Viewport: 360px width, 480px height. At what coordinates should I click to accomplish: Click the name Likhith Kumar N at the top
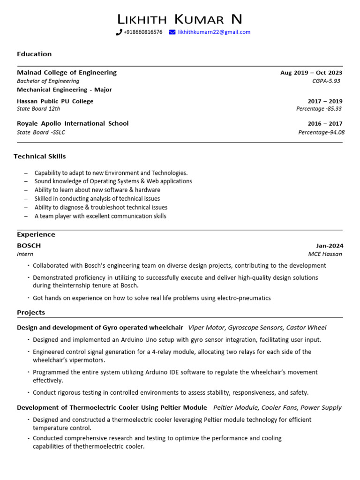[180, 19]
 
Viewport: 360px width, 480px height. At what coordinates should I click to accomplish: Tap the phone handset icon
[119, 32]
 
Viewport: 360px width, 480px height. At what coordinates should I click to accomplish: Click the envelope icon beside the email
[172, 32]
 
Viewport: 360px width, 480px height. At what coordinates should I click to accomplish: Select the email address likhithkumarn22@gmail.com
[214, 32]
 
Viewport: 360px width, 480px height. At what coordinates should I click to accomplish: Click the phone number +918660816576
[142, 32]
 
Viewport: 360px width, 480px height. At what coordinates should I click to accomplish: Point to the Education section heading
[34, 54]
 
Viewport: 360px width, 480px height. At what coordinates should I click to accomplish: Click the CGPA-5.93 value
[327, 81]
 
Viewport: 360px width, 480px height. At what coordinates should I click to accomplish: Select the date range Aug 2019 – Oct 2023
[311, 73]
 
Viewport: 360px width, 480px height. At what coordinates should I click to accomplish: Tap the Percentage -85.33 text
[319, 109]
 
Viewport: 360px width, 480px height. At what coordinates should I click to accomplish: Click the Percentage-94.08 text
[321, 132]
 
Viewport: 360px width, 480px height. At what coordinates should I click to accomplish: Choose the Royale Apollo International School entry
[73, 123]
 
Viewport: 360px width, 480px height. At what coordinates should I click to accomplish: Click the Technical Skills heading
[40, 156]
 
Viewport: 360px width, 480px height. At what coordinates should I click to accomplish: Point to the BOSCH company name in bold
[29, 246]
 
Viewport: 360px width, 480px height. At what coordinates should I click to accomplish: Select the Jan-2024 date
[330, 246]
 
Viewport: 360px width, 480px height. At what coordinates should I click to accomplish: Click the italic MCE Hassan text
[325, 254]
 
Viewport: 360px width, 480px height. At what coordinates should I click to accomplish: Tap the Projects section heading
[31, 312]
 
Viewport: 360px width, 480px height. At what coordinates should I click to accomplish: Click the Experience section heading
[36, 234]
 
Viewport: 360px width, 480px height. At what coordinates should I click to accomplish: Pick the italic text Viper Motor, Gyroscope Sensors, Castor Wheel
[257, 328]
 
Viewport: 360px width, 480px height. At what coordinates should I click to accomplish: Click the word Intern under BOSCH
[25, 254]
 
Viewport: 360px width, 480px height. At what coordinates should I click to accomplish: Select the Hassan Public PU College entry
[55, 101]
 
